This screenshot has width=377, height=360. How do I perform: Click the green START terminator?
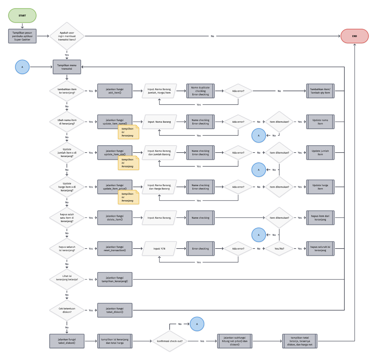[22, 16]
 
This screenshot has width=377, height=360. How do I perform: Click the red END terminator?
[355, 36]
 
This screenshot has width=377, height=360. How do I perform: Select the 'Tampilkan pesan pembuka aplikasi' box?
[22, 36]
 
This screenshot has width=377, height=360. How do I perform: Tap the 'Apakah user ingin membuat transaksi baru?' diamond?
[67, 36]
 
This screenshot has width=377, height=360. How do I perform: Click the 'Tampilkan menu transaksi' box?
[67, 67]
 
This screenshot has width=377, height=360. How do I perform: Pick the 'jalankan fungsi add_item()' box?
[114, 91]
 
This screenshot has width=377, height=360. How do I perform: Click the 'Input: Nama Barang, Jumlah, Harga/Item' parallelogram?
[159, 91]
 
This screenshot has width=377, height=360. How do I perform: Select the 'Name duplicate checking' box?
[200, 91]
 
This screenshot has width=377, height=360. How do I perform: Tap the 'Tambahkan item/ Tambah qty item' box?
[320, 91]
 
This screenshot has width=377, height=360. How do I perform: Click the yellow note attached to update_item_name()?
[128, 132]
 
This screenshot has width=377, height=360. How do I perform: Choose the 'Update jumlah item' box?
[320, 153]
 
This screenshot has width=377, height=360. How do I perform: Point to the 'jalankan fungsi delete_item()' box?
[114, 218]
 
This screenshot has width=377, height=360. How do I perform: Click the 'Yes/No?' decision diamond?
[279, 248]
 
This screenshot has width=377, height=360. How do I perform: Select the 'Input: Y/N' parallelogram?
[159, 248]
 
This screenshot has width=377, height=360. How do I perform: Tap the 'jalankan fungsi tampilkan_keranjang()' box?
[114, 279]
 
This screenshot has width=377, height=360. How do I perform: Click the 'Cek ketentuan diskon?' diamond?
[67, 310]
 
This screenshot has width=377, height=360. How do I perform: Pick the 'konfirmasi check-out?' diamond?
[169, 341]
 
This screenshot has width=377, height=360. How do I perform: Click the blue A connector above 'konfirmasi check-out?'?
[197, 324]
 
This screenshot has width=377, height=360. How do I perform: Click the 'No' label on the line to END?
[212, 36]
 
